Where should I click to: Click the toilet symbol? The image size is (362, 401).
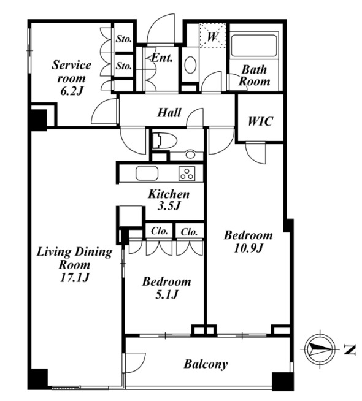[164, 140]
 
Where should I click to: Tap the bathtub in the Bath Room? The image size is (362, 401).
[254, 45]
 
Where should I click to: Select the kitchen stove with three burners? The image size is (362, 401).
[187, 174]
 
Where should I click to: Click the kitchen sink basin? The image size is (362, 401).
[147, 174]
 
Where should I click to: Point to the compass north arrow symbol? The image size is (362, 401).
[320, 349]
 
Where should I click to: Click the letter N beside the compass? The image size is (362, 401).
[350, 350]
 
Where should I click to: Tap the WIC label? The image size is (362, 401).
[260, 121]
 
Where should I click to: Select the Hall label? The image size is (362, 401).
[169, 113]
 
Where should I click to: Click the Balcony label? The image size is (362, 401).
[206, 364]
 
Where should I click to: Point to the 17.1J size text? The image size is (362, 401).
[74, 278]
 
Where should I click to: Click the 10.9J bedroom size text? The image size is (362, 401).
[248, 248]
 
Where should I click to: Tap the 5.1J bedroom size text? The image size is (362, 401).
[166, 294]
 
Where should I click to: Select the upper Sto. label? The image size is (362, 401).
[124, 39]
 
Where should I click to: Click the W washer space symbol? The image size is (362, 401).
[212, 36]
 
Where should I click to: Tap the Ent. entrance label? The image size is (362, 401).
[162, 58]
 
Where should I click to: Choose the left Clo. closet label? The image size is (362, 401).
[159, 231]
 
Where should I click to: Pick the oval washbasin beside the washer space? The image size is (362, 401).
[190, 65]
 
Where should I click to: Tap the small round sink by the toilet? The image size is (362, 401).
[190, 155]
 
